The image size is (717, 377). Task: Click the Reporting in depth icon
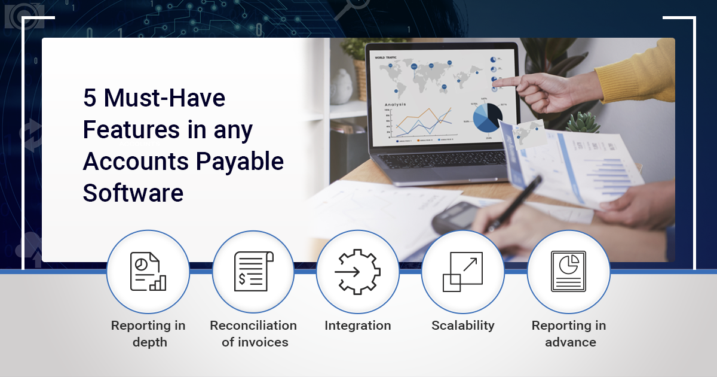coord(148,272)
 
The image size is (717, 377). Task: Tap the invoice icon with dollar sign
coord(253,272)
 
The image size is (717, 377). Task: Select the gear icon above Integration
coord(358,272)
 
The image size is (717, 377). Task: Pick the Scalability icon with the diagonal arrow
coord(462,272)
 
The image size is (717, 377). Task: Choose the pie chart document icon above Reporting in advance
coord(568,272)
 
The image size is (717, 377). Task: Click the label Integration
coord(358,326)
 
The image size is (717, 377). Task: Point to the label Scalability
coord(463,326)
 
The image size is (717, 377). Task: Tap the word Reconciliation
coord(253,326)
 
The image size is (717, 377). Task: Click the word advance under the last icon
coord(570,342)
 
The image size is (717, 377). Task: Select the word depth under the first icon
coord(149,342)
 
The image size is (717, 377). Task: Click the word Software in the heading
coord(133,193)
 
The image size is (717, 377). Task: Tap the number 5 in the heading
coord(90,98)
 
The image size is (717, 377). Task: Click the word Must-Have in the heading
coord(164,98)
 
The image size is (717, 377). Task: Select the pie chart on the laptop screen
coord(485,117)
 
